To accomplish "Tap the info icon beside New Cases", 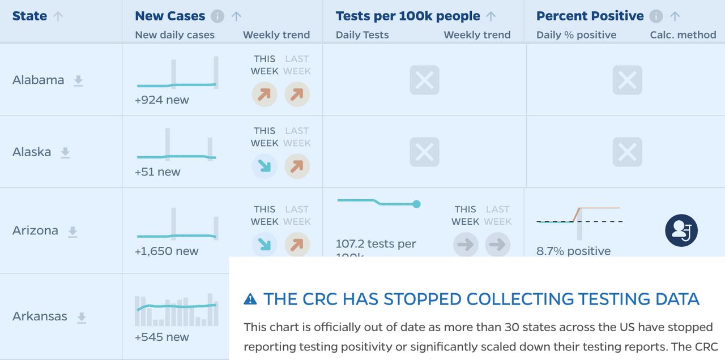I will pos(217,16).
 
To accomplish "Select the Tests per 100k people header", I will pos(408,16).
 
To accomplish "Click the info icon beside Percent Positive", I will pos(656,16).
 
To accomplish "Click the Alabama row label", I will pos(39,80).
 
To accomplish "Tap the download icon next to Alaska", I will pos(65,152).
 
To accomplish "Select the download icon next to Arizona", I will pos(72,231).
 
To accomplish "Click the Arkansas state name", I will pos(40,316).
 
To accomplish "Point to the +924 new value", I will pos(162,100).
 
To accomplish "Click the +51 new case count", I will pos(157,172).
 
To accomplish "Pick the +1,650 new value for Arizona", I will pos(167,251).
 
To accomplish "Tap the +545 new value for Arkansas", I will pos(162,337).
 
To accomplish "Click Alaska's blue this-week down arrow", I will pos(265,166).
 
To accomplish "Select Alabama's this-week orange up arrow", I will pos(265,95).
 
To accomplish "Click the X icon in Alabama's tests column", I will pos(424,80).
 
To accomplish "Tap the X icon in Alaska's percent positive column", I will pos(627,152).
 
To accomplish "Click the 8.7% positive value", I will pos(574,251).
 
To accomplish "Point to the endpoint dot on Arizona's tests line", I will pos(416,204).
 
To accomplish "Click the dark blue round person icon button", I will pos(681,230).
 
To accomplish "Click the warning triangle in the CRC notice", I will pos(250,299).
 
